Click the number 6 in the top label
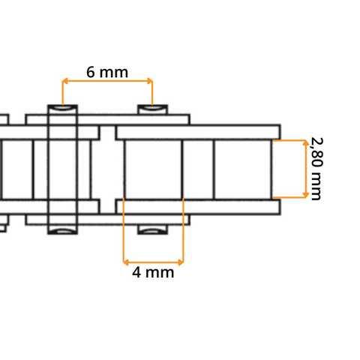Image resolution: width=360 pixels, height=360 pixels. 91,72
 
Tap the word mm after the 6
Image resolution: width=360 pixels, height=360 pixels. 114,72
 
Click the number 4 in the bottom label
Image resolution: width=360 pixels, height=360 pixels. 137,272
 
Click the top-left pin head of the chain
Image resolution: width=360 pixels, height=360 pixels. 63,109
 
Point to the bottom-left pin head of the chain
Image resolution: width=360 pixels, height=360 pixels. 63,228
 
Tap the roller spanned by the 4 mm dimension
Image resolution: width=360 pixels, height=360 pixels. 153,169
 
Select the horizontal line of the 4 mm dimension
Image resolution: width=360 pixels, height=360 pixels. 153,262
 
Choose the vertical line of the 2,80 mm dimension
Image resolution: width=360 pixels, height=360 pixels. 305,169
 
